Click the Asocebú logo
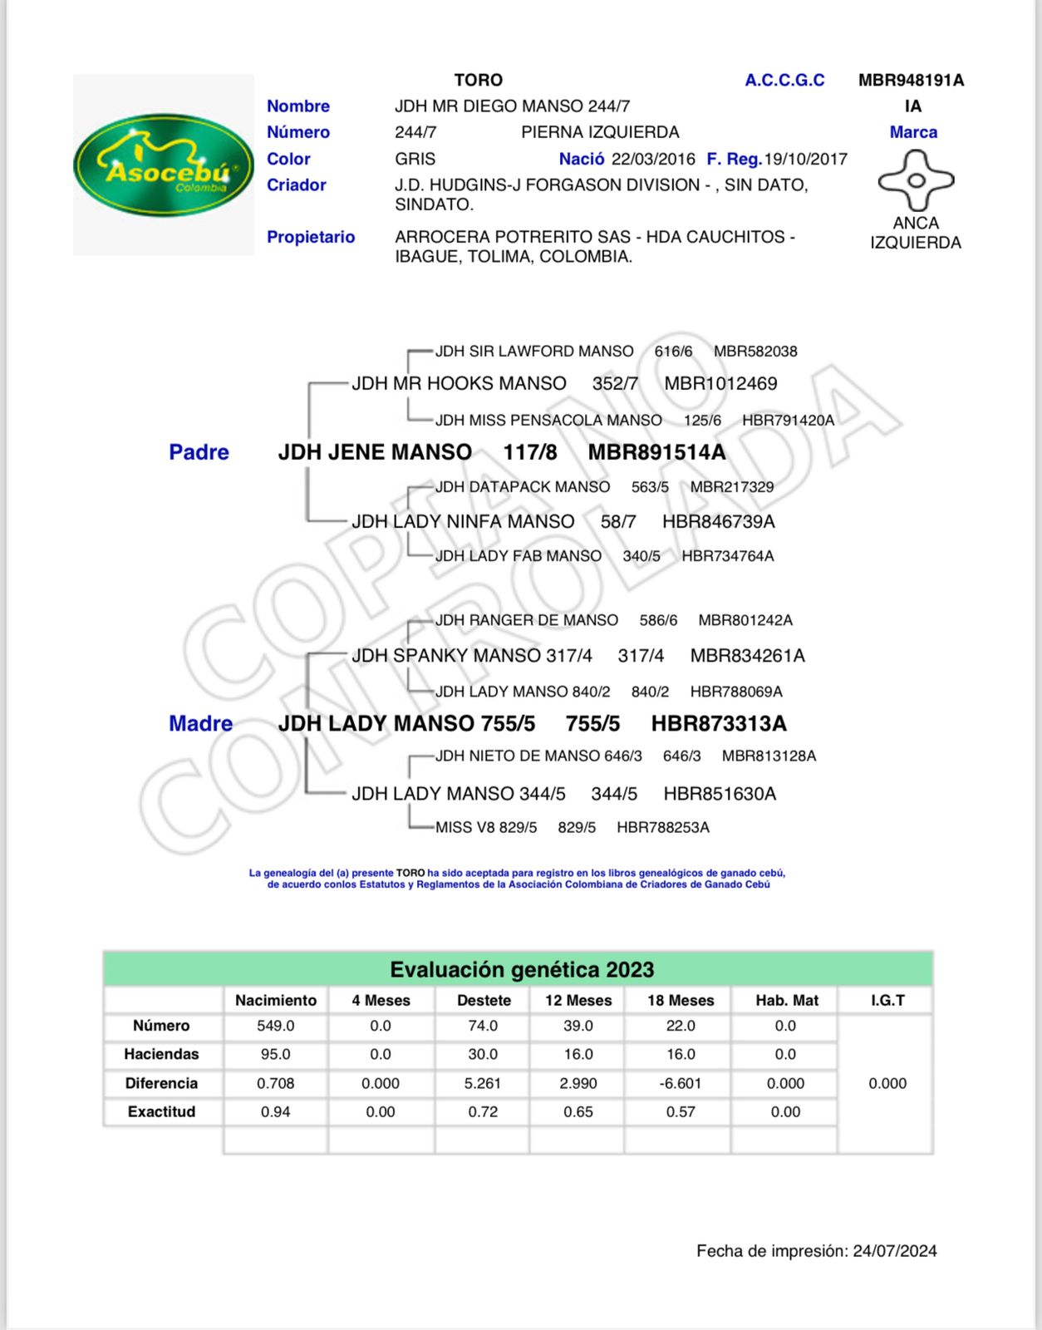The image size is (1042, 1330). [x=164, y=165]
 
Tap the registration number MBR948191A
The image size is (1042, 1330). [x=911, y=81]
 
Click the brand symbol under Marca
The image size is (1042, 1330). [x=916, y=180]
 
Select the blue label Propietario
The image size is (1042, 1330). [x=311, y=237]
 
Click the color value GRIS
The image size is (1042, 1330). [x=415, y=159]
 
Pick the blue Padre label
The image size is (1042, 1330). [x=199, y=452]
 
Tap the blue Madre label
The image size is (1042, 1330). [x=200, y=723]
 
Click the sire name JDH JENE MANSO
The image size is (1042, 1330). [x=375, y=452]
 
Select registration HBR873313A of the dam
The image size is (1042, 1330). [x=719, y=723]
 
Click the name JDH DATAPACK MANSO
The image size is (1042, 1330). [x=523, y=487]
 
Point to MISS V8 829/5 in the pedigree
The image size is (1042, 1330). [x=486, y=827]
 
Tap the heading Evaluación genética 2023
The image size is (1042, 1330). [x=522, y=969]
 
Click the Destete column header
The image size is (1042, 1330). [x=484, y=1000]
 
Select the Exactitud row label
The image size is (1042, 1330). [x=161, y=1111]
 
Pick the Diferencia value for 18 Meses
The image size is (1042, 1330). [x=681, y=1083]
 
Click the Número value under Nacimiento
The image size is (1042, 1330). [x=275, y=1026]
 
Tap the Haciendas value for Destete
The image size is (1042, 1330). [x=483, y=1054]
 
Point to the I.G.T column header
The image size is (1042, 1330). [x=887, y=1000]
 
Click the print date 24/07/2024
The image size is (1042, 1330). [x=894, y=1251]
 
